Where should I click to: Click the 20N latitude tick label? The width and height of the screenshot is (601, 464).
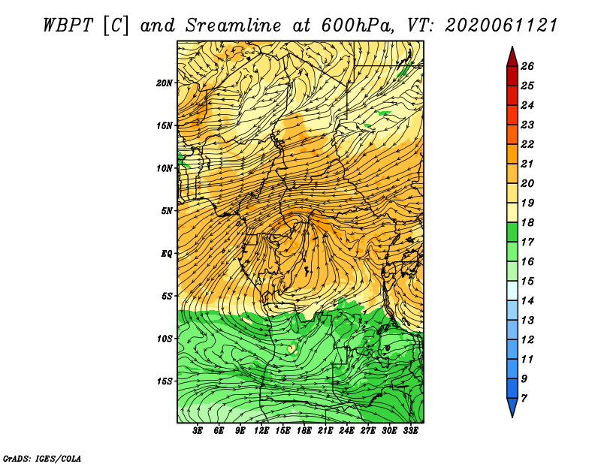click(x=164, y=83)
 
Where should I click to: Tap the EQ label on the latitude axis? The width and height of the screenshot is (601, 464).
click(x=167, y=254)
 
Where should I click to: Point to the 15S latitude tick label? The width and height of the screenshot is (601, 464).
click(x=164, y=381)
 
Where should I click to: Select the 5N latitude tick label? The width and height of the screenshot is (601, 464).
click(x=167, y=211)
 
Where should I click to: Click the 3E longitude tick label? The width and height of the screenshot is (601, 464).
click(x=198, y=431)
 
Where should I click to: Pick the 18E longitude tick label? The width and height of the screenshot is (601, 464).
click(x=304, y=431)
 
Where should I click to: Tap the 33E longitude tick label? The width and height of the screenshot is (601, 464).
click(x=410, y=431)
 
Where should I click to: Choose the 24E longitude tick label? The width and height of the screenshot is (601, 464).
click(x=346, y=431)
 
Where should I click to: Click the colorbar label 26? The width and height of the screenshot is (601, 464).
click(x=527, y=66)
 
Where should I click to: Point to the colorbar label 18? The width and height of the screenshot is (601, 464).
click(x=527, y=222)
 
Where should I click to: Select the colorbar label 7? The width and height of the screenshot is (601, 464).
click(x=524, y=399)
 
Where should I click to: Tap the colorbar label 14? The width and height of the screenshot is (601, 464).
click(x=527, y=301)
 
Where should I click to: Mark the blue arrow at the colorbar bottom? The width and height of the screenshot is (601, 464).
click(x=512, y=407)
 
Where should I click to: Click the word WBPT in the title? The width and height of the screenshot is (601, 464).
click(x=68, y=26)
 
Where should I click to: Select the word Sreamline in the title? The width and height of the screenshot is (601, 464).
click(x=234, y=26)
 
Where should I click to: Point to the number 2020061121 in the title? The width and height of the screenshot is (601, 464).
click(x=501, y=26)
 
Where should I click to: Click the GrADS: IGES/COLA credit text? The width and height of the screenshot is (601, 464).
click(x=42, y=459)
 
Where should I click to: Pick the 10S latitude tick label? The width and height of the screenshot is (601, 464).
click(x=164, y=339)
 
